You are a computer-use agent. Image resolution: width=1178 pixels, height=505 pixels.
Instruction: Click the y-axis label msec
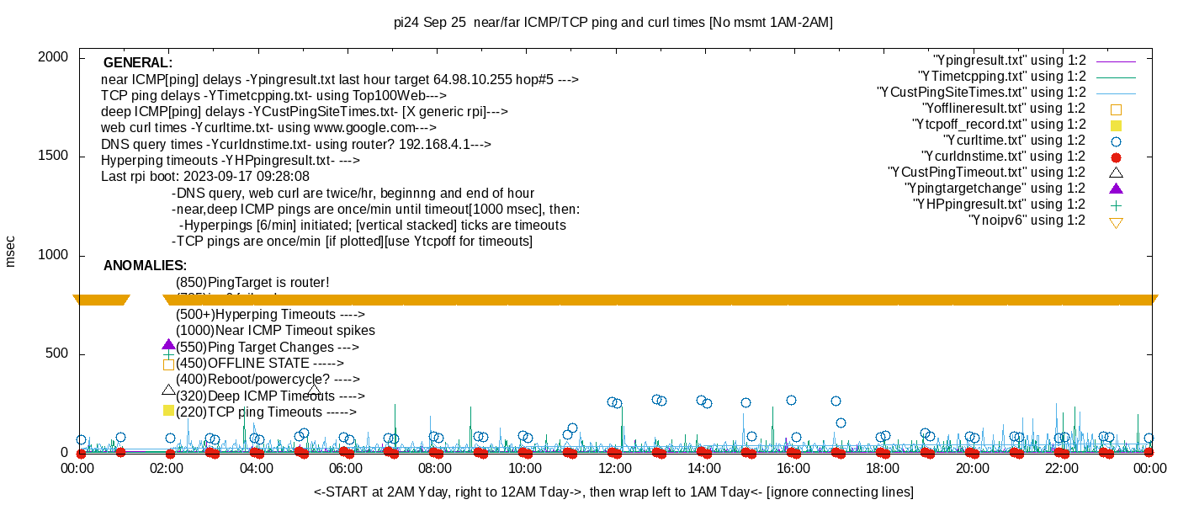click(x=11, y=252)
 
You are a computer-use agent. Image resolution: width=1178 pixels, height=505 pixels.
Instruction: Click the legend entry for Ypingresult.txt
click(x=1009, y=61)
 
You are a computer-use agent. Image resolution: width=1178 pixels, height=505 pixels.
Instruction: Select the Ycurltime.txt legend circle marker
click(x=1117, y=141)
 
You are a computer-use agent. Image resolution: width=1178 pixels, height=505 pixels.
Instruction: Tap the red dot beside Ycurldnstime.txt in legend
click(x=1117, y=157)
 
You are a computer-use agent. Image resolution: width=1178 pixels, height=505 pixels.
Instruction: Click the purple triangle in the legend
click(x=1117, y=189)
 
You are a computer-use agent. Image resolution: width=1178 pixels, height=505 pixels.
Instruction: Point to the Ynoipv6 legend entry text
click(x=1027, y=221)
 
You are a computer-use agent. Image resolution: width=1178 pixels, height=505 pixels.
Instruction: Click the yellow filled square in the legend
click(x=1117, y=125)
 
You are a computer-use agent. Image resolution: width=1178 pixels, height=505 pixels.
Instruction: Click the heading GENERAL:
click(x=137, y=63)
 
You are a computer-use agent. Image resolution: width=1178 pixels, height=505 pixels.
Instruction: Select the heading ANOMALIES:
click(x=145, y=266)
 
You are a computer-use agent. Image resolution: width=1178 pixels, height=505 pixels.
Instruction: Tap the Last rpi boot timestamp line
click(x=205, y=177)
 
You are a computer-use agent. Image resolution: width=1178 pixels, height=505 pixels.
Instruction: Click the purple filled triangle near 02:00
click(x=168, y=345)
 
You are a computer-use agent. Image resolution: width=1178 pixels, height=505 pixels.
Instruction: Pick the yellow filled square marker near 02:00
click(x=168, y=411)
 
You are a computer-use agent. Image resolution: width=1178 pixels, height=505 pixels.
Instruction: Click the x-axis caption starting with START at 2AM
click(x=613, y=492)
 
